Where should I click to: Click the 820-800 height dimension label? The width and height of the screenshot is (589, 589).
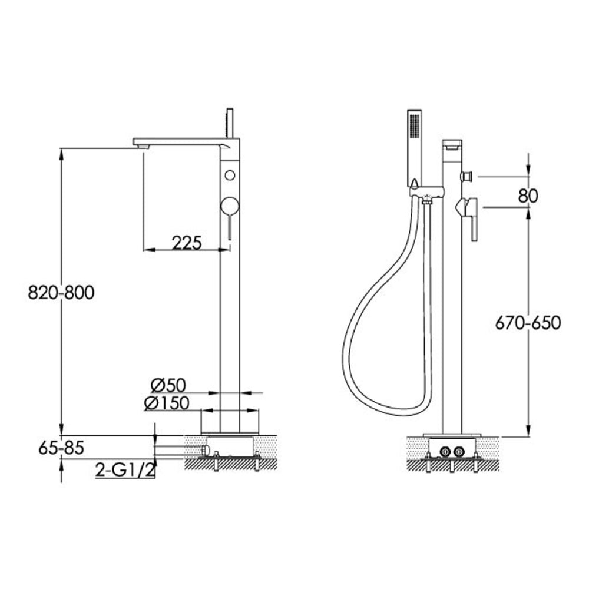tap(61, 292)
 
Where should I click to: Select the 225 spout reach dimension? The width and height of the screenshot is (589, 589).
tap(187, 241)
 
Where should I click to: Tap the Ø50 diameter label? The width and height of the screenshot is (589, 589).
tap(168, 385)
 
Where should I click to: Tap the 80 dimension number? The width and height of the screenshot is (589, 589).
tap(528, 196)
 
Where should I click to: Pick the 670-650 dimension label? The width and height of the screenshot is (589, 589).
tap(528, 322)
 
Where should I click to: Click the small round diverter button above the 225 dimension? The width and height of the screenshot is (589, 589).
tap(230, 174)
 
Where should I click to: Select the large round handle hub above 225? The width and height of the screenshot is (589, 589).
tap(229, 206)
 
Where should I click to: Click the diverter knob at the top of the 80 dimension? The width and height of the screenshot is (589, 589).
tap(468, 176)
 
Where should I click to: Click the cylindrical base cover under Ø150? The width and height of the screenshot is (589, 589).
tap(230, 422)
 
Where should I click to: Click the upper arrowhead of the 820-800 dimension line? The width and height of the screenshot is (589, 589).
tap(61, 152)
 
